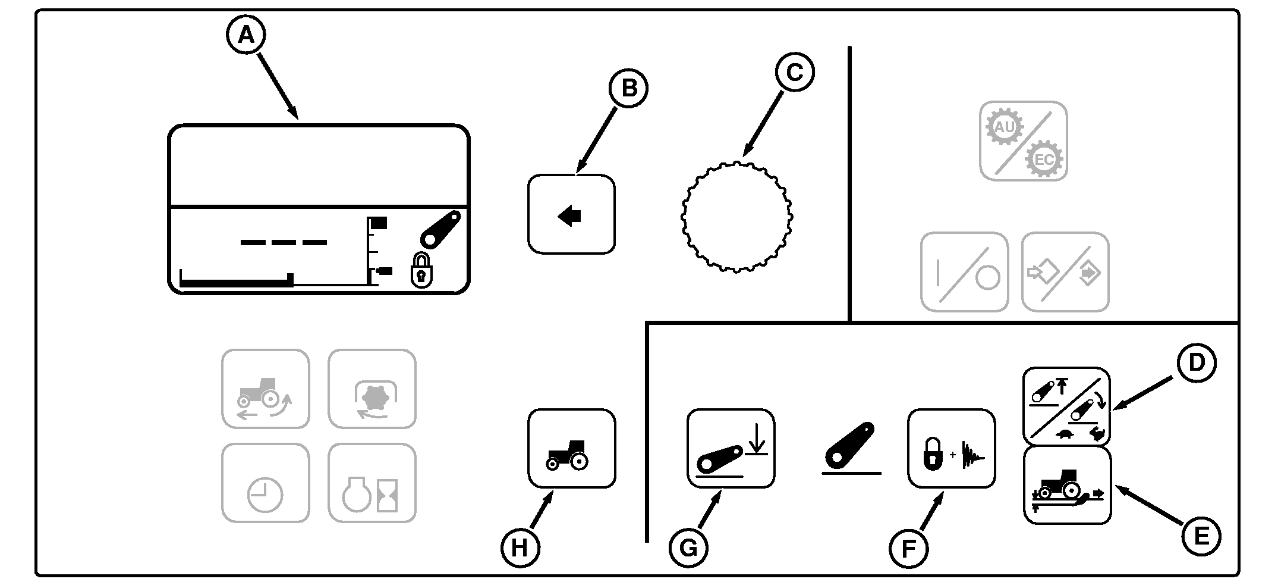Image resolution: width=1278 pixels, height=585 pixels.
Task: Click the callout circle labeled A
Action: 246,35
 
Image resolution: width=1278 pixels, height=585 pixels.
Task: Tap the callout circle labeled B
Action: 628,88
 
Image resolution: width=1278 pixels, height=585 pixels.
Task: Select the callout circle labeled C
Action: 794,73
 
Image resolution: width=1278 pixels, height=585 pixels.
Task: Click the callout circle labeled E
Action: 1200,537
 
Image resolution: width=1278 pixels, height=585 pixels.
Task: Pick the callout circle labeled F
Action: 908,549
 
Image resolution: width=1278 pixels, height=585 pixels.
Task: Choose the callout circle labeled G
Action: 688,548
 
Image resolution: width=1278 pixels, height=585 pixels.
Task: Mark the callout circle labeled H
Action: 520,548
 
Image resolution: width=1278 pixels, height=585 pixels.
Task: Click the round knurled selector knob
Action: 736,216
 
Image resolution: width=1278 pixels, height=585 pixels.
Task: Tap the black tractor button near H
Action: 571,448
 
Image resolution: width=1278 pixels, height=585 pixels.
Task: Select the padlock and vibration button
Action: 951,448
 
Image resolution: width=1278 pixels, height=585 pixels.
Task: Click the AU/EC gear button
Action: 1023,141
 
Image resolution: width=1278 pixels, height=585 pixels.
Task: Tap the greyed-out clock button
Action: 265,483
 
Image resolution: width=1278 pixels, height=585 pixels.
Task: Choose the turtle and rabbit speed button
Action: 1066,406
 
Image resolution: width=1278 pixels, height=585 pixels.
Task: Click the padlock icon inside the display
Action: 421,271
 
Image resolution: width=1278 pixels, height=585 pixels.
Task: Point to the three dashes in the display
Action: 284,242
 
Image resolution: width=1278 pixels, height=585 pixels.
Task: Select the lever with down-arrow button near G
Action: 731,448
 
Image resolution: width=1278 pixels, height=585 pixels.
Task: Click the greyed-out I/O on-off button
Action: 964,272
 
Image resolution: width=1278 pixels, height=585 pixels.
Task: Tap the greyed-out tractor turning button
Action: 265,389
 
